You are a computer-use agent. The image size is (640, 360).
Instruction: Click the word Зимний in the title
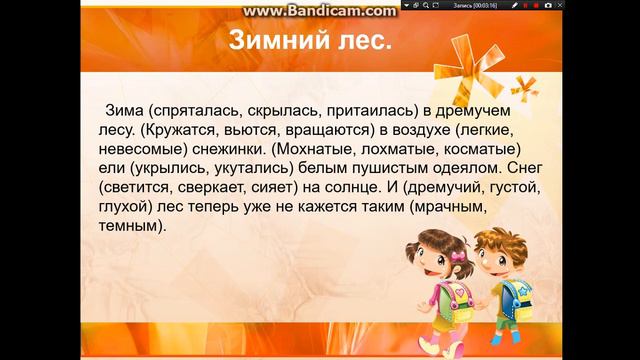click(x=261, y=44)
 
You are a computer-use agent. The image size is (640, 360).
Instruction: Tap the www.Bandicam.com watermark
click(x=305, y=10)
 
